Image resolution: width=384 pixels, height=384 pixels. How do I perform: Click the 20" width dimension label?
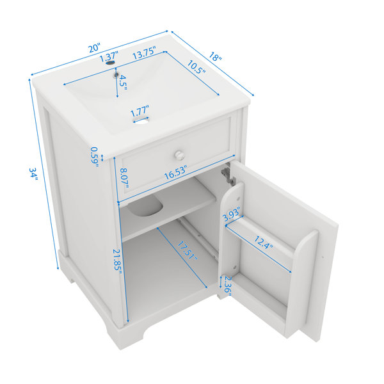pyautogui.click(x=95, y=47)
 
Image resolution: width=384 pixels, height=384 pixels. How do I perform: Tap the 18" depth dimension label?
pyautogui.click(x=215, y=56)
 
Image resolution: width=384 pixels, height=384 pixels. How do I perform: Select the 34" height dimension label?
pyautogui.click(x=33, y=173)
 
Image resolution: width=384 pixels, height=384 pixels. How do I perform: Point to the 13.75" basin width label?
pyautogui.click(x=144, y=53)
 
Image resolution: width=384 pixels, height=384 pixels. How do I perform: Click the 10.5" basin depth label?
pyautogui.click(x=196, y=67)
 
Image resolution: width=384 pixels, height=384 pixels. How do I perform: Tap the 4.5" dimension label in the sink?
pyautogui.click(x=123, y=83)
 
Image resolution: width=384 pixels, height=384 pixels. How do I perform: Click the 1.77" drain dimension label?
pyautogui.click(x=140, y=111)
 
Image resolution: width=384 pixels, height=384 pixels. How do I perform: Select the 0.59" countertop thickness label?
pyautogui.click(x=95, y=157)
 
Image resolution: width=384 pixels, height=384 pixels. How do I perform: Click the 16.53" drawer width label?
pyautogui.click(x=175, y=172)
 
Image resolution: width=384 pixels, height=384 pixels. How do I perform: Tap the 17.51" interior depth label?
pyautogui.click(x=187, y=251)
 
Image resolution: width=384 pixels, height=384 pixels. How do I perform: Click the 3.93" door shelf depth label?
pyautogui.click(x=232, y=213)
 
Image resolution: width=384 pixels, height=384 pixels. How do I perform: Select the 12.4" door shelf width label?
pyautogui.click(x=263, y=243)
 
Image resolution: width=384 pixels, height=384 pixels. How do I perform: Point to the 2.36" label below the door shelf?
pyautogui.click(x=228, y=286)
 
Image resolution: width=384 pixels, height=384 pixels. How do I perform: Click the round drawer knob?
pyautogui.click(x=179, y=155)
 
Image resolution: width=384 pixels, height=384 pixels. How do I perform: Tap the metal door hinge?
pyautogui.click(x=228, y=175)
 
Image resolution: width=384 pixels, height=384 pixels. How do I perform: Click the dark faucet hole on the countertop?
pyautogui.click(x=110, y=63)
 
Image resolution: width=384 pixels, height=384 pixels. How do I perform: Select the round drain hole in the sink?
pyautogui.click(x=141, y=120)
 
